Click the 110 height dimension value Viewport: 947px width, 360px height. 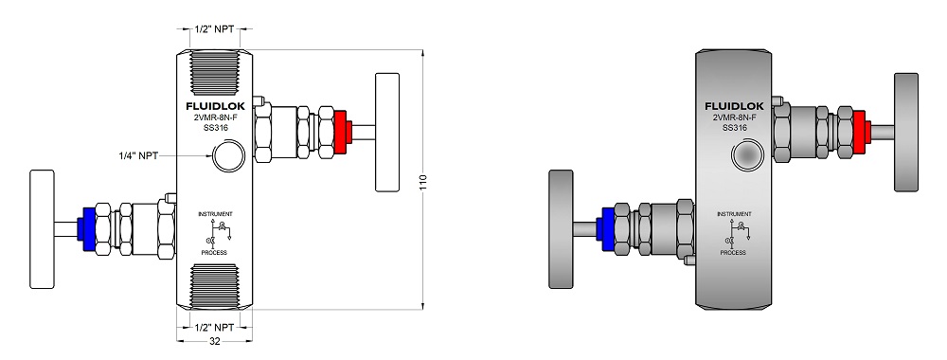coord(422,182)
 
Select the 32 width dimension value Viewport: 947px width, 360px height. coord(214,341)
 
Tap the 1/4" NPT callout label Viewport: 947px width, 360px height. coord(138,155)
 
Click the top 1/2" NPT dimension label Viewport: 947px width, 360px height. coord(214,28)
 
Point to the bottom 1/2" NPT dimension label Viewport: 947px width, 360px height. coord(214,328)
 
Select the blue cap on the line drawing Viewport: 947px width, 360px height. coord(86,229)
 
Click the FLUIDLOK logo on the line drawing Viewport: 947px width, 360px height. coord(215,107)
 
